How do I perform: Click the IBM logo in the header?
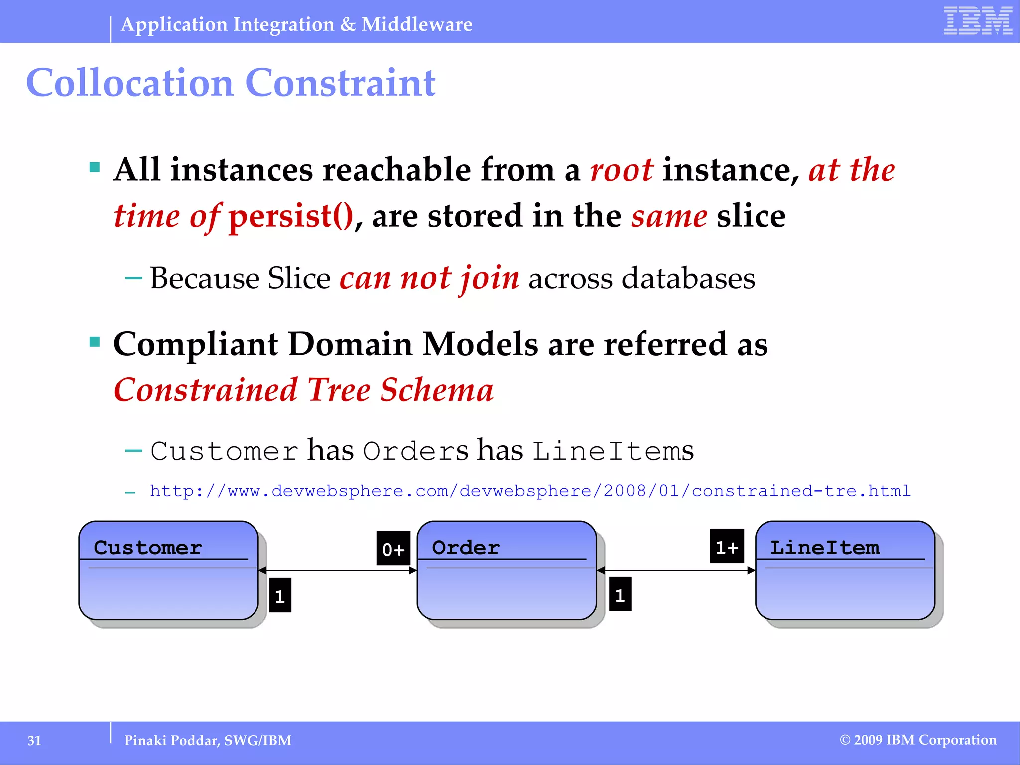[978, 21]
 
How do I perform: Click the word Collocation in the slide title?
[129, 83]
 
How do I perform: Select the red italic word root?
[622, 170]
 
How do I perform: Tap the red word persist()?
[291, 216]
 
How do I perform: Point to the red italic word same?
[669, 216]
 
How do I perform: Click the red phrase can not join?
[429, 278]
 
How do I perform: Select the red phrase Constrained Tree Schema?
[303, 389]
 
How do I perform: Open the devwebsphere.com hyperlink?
[530, 491]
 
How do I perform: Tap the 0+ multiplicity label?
[393, 549]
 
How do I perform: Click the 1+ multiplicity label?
[727, 547]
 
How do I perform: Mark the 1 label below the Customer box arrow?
[280, 595]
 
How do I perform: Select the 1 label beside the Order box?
[620, 594]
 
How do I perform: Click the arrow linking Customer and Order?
[338, 571]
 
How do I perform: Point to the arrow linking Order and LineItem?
[676, 571]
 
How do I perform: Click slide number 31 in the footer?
[34, 741]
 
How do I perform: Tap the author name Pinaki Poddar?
[171, 741]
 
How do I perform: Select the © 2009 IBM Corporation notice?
[918, 740]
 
